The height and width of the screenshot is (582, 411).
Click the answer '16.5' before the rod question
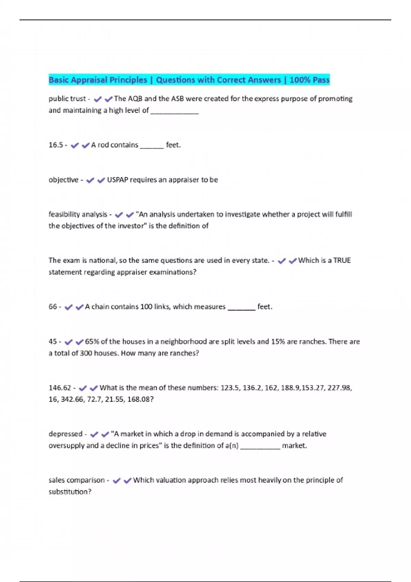55,145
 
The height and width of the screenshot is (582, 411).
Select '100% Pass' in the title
309,80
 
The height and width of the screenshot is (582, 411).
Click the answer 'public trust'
67,99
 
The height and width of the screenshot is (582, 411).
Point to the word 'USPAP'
117,180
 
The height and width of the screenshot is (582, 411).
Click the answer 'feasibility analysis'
78,215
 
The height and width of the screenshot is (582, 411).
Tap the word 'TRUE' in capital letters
342,261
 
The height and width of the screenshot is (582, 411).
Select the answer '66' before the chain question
53,307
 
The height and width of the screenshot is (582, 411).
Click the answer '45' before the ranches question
53,342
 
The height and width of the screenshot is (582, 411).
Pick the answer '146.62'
60,388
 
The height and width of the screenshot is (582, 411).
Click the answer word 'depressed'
65,434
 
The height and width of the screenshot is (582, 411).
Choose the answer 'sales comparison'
76,480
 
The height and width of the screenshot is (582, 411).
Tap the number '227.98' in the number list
339,388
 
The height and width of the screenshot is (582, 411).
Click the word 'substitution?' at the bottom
70,492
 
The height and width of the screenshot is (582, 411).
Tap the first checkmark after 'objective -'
90,180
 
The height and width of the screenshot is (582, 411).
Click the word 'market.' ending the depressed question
294,446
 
